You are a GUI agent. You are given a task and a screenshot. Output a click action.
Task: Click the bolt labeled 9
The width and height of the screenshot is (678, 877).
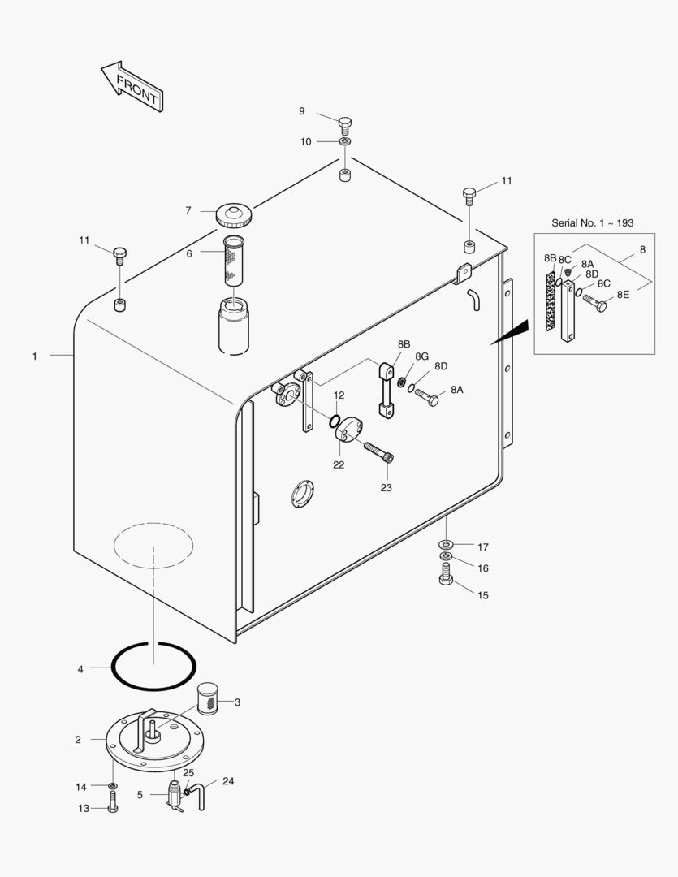click(x=345, y=124)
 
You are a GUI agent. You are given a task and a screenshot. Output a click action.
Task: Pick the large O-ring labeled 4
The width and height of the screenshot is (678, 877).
click(x=153, y=665)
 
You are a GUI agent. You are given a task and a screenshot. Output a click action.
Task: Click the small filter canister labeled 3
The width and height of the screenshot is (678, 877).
click(x=209, y=700)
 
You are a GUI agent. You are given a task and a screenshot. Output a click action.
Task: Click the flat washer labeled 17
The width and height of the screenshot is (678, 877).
click(x=447, y=542)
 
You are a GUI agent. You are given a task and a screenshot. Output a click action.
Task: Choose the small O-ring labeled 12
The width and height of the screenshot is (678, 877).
click(x=335, y=420)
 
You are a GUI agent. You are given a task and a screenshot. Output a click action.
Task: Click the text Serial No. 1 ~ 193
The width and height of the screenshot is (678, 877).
click(x=592, y=222)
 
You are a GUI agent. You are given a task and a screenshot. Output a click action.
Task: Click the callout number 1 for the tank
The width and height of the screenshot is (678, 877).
click(x=34, y=356)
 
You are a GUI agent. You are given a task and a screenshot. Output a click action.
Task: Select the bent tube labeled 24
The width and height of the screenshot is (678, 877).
click(x=200, y=796)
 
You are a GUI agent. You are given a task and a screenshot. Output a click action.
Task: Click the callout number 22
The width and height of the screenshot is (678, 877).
click(x=338, y=464)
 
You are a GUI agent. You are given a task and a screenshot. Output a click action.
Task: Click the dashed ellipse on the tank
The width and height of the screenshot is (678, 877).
click(x=153, y=545)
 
